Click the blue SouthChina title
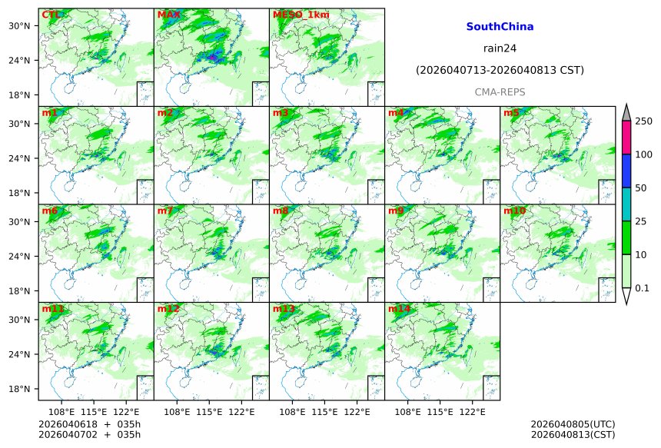(x=500, y=26)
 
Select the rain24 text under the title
(x=500, y=48)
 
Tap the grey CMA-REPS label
(x=500, y=91)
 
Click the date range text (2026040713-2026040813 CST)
(x=500, y=70)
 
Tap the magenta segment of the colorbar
(x=626, y=138)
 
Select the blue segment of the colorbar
(x=626, y=171)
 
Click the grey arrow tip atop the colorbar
(x=626, y=112)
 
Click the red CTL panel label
(x=51, y=15)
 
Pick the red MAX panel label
(x=168, y=15)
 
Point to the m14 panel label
(x=399, y=309)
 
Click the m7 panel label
(x=165, y=211)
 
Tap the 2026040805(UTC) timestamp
(x=573, y=424)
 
